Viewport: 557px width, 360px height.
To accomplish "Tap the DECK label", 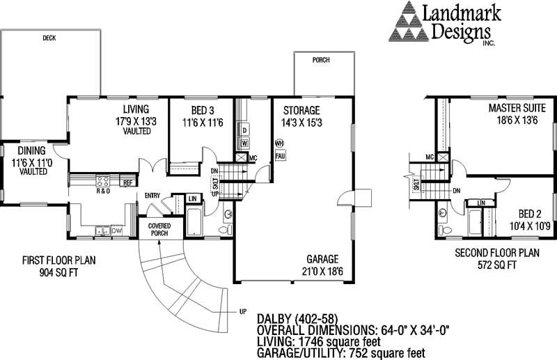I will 49,38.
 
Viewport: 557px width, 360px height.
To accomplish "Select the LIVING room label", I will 136,109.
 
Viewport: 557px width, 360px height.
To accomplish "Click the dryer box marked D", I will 245,130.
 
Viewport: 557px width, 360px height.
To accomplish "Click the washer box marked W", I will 245,143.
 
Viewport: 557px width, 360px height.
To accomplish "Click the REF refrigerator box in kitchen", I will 127,182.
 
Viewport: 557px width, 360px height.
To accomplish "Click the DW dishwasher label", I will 116,230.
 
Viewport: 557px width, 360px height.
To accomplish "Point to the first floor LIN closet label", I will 193,199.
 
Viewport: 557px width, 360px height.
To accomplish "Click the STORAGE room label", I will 301,110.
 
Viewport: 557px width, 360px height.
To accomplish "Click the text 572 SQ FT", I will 487,265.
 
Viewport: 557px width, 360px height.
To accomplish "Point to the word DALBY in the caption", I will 274,318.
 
